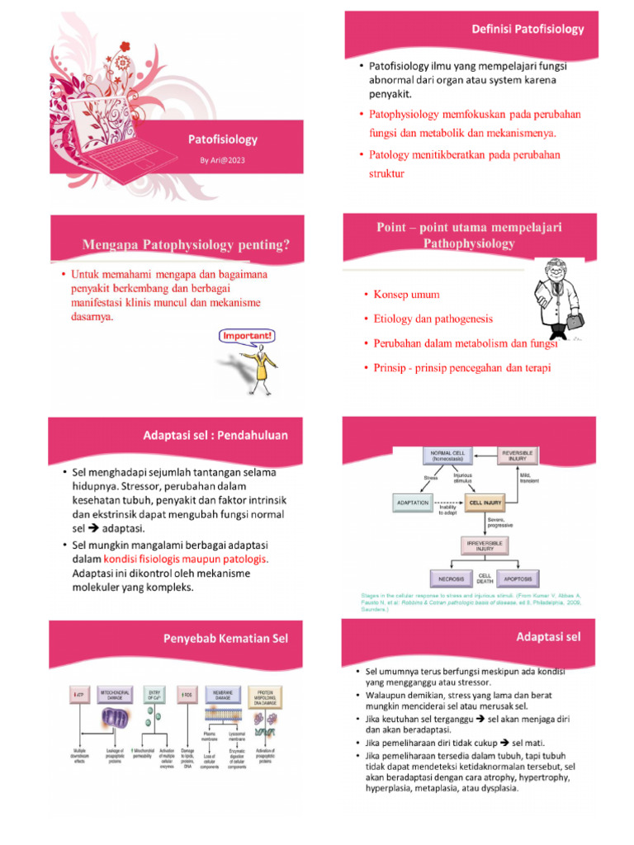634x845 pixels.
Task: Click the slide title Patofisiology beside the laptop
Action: click(x=222, y=139)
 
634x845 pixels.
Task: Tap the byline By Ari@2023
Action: click(x=222, y=159)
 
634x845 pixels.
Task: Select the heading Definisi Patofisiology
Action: click(x=528, y=29)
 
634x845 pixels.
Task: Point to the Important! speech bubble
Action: click(x=246, y=337)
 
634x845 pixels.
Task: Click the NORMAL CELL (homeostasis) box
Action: click(x=446, y=456)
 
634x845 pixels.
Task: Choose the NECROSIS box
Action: click(x=451, y=578)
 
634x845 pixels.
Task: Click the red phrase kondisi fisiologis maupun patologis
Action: click(x=192, y=559)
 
